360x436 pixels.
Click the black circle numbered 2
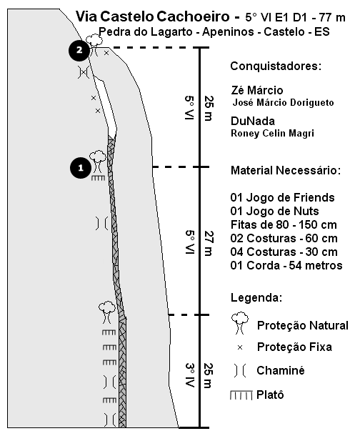coord(79,50)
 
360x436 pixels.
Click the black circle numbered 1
coord(81,168)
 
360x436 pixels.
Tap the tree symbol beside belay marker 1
coord(97,162)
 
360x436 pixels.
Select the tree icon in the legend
coord(240,322)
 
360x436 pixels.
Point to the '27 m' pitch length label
coord(209,243)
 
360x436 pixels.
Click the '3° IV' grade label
coord(190,375)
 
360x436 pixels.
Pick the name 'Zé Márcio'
coord(257,90)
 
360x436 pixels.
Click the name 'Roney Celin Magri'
coord(273,133)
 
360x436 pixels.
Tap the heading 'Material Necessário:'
coord(286,170)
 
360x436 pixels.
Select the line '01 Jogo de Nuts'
coord(274,211)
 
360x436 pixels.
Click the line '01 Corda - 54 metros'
coord(286,265)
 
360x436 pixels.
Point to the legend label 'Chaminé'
coord(281,370)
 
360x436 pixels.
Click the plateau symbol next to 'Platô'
coord(241,395)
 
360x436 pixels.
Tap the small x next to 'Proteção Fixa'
coord(240,347)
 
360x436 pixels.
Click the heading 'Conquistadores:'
coord(276,66)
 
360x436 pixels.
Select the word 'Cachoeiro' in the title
coord(193,16)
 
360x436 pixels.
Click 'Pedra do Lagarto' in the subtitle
coord(146,31)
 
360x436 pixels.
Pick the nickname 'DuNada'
coord(253,121)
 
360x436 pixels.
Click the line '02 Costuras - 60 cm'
coord(284,238)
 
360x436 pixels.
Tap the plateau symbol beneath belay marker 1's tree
coord(99,178)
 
